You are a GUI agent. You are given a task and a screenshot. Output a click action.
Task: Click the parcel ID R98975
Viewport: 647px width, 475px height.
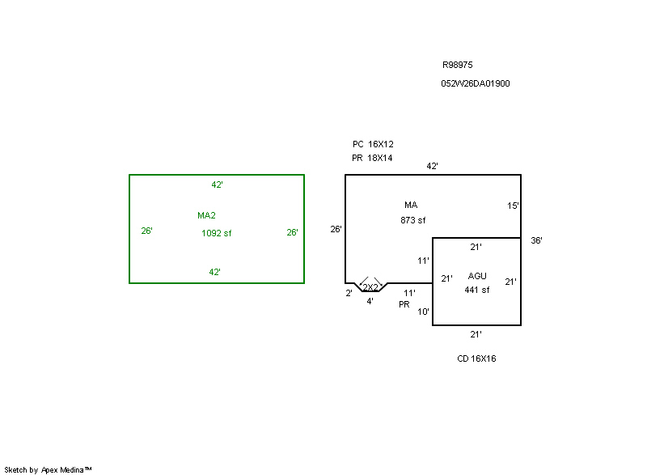[x=457, y=65]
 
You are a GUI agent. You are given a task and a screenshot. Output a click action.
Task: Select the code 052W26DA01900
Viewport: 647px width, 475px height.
[x=476, y=83]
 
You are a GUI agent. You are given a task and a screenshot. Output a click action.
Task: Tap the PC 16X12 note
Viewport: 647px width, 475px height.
[x=373, y=144]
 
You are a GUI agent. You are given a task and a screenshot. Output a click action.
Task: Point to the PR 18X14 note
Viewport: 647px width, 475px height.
[x=372, y=158]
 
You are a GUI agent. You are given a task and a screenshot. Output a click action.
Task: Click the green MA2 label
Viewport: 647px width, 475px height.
[x=206, y=215]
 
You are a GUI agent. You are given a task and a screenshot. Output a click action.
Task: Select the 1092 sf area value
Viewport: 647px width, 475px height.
[x=216, y=233]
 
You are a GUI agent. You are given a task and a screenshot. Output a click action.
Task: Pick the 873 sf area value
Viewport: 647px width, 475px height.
[x=412, y=220]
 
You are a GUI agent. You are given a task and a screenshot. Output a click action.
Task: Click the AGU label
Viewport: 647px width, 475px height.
[x=477, y=276]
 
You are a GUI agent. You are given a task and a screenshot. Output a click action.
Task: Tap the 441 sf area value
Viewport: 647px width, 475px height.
[x=476, y=290]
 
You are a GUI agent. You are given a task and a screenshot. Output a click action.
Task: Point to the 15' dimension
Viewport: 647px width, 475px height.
[x=513, y=206]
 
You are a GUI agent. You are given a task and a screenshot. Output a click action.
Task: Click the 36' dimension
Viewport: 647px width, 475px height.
[x=536, y=240]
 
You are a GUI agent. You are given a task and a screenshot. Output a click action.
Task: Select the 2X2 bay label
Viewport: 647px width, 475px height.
[x=370, y=287]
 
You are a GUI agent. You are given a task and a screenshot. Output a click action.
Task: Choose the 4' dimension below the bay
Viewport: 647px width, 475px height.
[x=370, y=301]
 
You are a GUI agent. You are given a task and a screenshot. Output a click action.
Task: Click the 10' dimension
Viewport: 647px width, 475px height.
[x=423, y=312]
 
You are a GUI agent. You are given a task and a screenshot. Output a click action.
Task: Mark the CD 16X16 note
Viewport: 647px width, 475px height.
[x=476, y=358]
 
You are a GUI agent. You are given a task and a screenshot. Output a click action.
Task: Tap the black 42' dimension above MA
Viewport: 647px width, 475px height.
[x=432, y=166]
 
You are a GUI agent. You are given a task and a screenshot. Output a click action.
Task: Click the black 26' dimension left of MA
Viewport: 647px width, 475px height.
[x=336, y=229]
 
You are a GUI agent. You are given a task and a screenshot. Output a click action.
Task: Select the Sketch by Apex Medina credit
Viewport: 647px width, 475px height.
[x=48, y=469]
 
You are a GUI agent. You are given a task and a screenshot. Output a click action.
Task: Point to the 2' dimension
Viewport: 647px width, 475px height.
[x=349, y=293]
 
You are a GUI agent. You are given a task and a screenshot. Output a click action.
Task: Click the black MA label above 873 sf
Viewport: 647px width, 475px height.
[x=411, y=205]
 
